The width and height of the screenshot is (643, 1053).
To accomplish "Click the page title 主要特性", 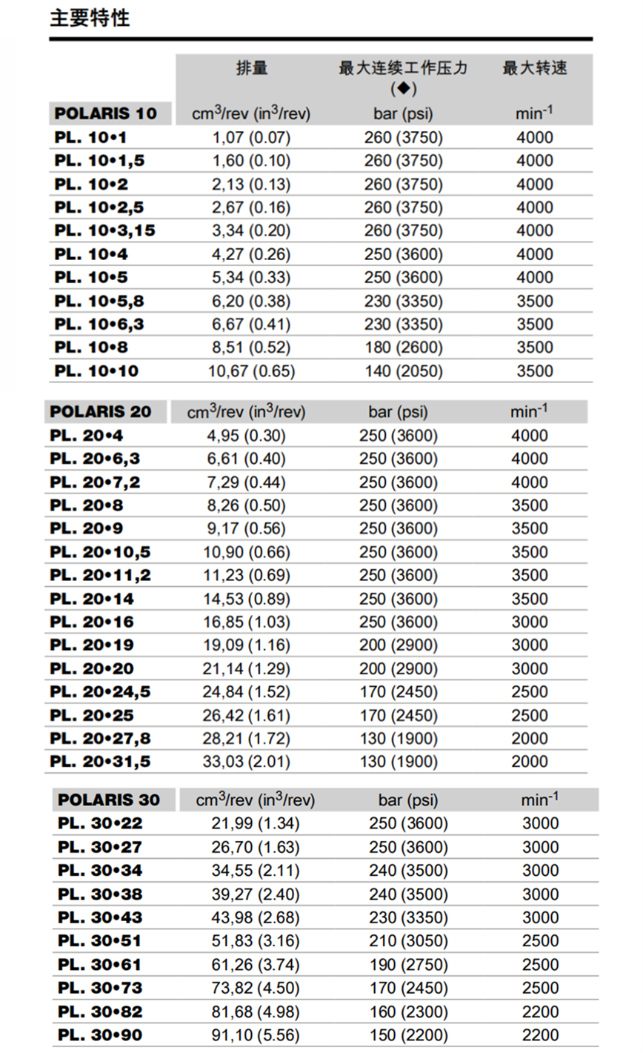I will click(x=90, y=19).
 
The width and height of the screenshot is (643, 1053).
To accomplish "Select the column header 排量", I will click(x=251, y=68).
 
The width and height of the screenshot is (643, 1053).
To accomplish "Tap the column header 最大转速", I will click(x=534, y=68).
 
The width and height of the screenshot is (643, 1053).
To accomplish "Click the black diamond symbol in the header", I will click(x=403, y=89).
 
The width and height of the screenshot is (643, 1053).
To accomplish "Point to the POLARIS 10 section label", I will click(x=105, y=113).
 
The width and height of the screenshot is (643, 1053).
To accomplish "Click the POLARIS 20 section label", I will click(x=100, y=412).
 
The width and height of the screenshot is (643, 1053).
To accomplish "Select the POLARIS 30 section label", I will click(x=108, y=800).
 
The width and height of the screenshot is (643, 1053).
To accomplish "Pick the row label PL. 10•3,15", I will click(x=104, y=230).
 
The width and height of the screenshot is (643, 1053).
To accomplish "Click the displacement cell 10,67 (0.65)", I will click(x=251, y=371).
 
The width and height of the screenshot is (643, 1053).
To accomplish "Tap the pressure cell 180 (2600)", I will click(x=403, y=348).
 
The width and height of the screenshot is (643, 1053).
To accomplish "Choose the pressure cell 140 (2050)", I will click(x=403, y=371).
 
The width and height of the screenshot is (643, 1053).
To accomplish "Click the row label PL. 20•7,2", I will click(x=95, y=482).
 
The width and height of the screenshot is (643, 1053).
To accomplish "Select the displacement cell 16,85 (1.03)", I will click(x=246, y=622).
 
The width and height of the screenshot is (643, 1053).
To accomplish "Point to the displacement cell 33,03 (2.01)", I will click(x=246, y=762).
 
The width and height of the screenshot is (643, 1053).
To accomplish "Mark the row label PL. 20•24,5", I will click(x=100, y=692).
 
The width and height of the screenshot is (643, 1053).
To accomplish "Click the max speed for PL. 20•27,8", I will click(x=530, y=739).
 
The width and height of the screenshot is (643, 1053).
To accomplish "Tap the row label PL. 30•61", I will click(x=99, y=965).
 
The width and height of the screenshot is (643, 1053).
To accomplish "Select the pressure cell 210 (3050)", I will click(x=408, y=941).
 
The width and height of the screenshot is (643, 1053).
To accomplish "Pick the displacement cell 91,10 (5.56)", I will click(x=256, y=1035).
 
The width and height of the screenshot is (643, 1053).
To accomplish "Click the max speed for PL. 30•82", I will click(x=540, y=1012).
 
